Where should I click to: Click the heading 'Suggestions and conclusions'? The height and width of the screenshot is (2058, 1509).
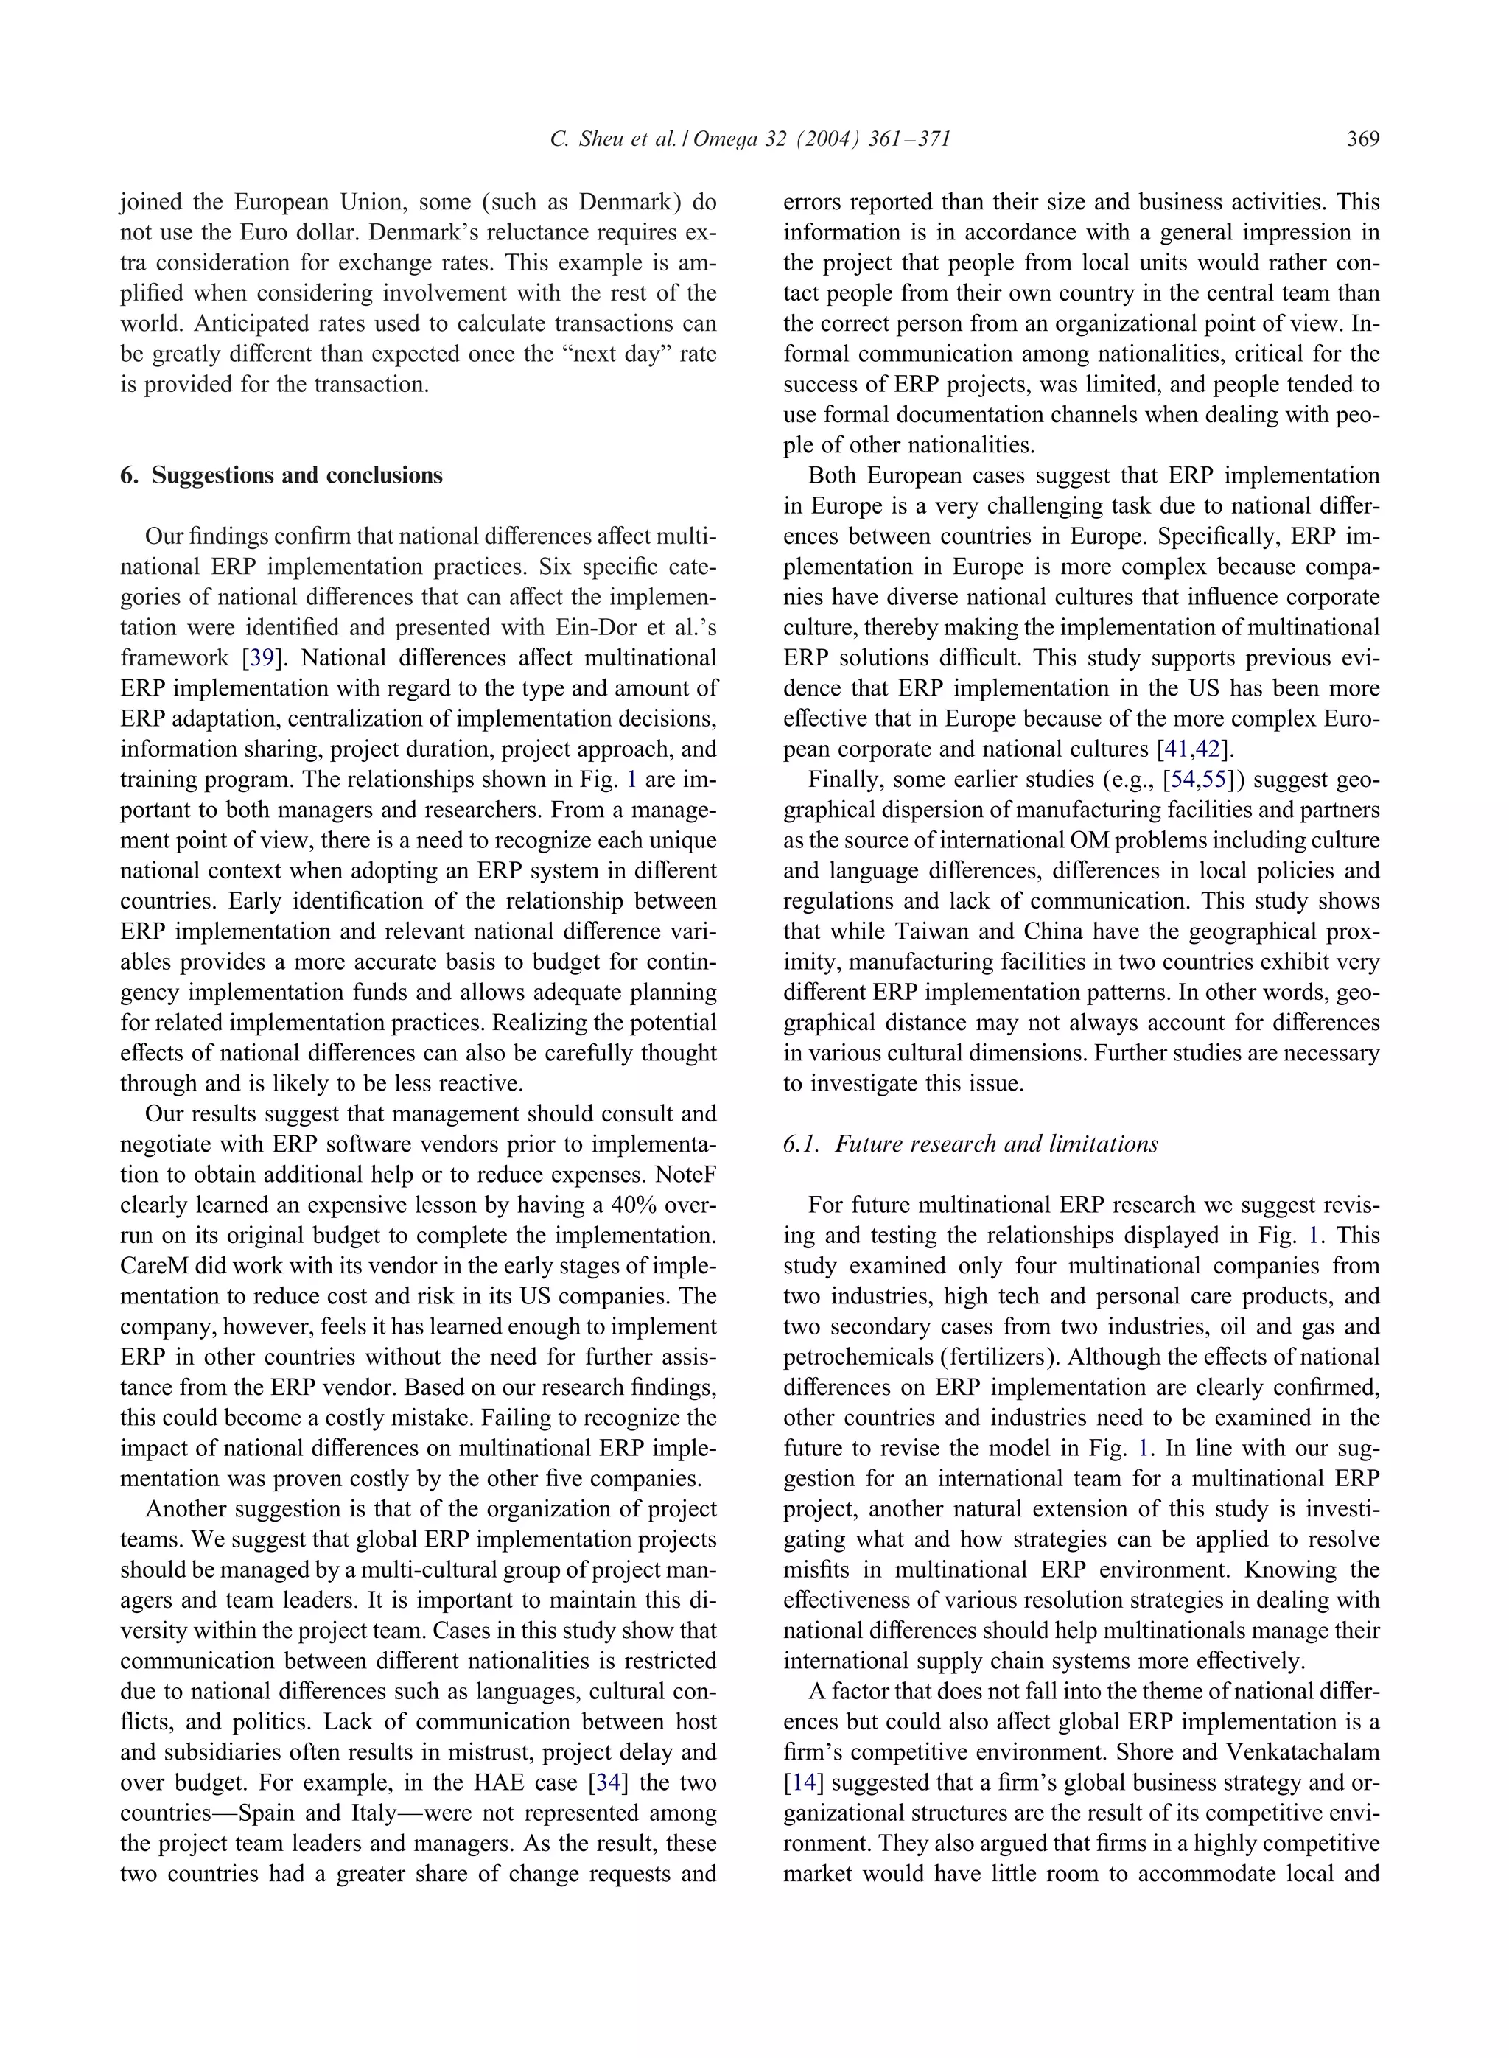point(296,475)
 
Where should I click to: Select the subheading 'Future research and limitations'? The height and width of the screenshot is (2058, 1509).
point(995,1144)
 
